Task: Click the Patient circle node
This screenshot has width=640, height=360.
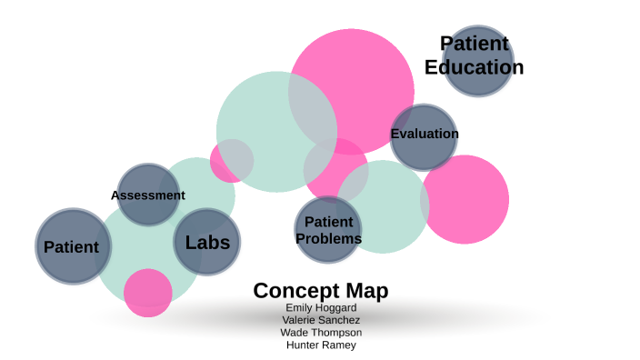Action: tap(73, 246)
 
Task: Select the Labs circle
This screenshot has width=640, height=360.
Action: tap(207, 242)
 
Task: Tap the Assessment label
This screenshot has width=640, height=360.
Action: tap(147, 195)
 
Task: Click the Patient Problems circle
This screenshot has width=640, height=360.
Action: tap(327, 229)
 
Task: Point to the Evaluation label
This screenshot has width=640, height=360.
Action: tap(424, 134)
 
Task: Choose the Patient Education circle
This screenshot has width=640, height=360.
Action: tap(477, 61)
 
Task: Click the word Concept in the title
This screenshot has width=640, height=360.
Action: tap(285, 290)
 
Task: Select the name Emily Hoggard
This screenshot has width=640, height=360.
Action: tap(320, 307)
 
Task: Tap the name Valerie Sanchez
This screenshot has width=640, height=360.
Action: tap(320, 320)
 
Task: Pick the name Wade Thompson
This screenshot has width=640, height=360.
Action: tap(320, 333)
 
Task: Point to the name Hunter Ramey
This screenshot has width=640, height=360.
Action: tap(320, 345)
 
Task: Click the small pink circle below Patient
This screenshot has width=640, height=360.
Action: tap(147, 293)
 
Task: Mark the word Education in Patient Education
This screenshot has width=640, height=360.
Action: tap(474, 67)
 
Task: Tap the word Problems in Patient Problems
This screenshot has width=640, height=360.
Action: tap(328, 238)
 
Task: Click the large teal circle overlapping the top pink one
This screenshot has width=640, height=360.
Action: tap(264, 136)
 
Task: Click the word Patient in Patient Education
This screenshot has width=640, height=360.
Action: tap(474, 44)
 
